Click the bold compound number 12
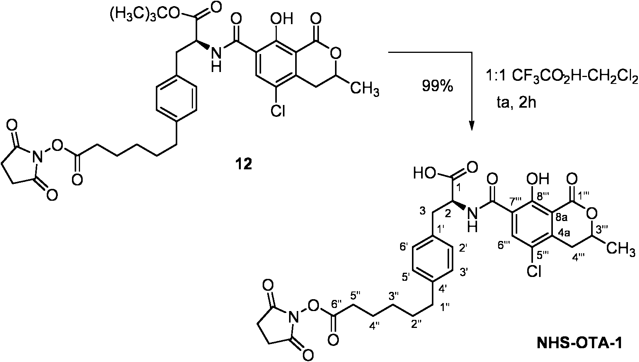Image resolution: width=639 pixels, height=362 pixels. [244, 164]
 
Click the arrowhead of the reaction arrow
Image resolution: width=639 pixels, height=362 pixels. [472, 125]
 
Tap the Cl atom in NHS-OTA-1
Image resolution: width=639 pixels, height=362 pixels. [533, 272]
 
